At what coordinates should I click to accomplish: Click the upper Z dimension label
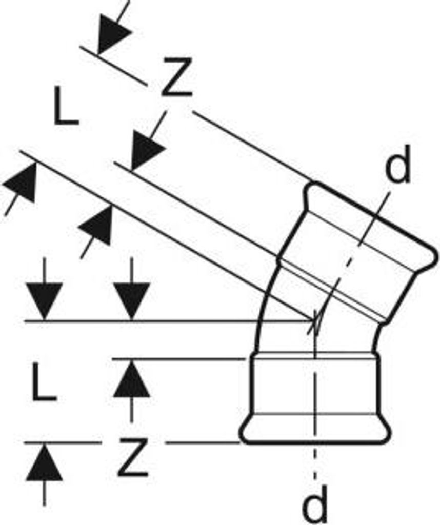coord(176,77)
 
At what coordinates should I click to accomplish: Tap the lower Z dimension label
coord(133,457)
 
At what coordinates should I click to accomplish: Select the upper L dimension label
coord(66,106)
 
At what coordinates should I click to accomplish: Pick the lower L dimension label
coord(44,381)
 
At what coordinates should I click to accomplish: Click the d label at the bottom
coord(314,506)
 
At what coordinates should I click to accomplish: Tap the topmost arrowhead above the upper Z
coord(113,35)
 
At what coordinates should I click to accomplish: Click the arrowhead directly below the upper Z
coord(147,151)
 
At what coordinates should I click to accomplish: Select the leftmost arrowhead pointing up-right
coord(21,183)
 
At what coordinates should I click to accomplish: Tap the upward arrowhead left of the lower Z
coord(45,462)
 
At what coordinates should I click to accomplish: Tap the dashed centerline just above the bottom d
coord(314,466)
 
